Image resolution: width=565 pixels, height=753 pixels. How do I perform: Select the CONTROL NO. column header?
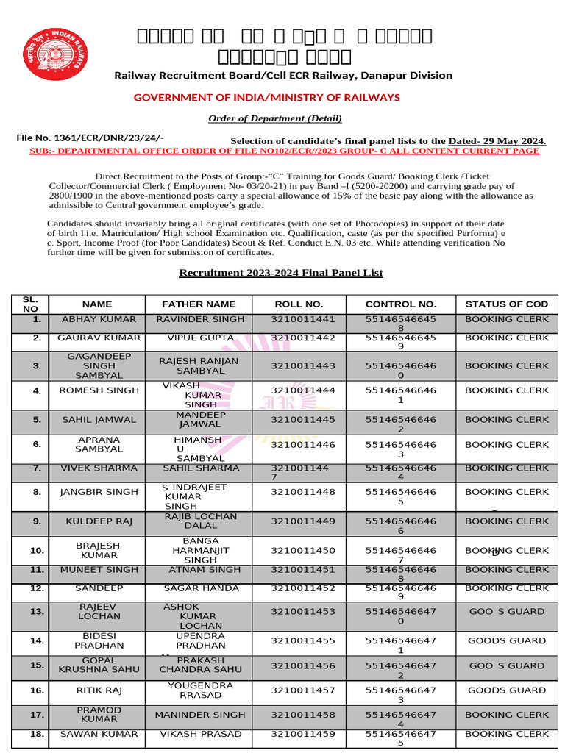tap(401, 304)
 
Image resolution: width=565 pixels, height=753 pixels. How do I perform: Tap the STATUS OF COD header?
tap(507, 304)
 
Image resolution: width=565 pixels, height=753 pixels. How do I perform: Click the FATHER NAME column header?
tap(199, 304)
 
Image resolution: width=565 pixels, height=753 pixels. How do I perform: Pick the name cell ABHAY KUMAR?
tap(99, 320)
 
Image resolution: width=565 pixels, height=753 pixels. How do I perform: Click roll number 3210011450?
tap(303, 551)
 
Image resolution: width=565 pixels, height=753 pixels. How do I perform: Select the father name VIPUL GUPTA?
tap(199, 338)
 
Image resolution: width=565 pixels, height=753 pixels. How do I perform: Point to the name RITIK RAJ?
tap(99, 690)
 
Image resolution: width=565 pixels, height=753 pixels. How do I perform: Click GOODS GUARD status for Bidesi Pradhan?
tap(507, 641)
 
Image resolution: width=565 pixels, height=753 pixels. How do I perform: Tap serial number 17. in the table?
tap(37, 715)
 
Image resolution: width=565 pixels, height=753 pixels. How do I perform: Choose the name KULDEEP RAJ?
tap(99, 521)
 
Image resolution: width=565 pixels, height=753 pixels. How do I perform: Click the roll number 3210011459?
tap(303, 734)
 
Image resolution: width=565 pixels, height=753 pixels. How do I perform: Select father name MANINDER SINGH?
tap(199, 715)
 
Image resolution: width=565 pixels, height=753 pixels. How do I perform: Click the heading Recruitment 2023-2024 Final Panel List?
tap(281, 273)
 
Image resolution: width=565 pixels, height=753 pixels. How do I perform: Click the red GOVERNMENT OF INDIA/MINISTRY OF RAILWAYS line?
tap(266, 98)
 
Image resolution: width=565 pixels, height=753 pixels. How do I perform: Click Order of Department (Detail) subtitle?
tap(274, 118)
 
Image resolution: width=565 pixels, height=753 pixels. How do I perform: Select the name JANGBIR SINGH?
tap(99, 492)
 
